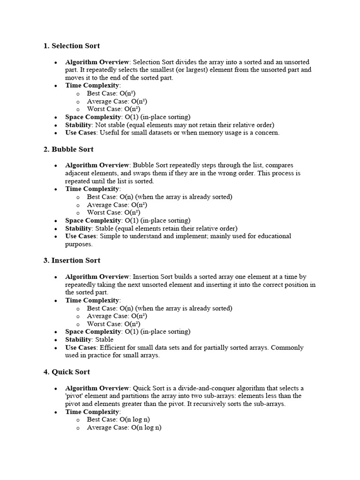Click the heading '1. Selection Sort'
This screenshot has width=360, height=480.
click(x=71, y=46)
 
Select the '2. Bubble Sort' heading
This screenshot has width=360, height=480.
click(x=68, y=150)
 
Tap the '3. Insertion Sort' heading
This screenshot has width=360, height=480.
click(x=72, y=261)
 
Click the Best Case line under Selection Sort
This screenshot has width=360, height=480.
click(x=111, y=94)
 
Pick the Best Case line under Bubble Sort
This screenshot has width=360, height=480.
click(x=159, y=197)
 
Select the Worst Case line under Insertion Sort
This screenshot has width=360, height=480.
click(x=114, y=324)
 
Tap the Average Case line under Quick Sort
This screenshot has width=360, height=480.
click(x=124, y=427)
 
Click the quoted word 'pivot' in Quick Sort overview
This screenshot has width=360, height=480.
click(x=75, y=396)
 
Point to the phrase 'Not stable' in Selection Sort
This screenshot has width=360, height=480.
click(x=109, y=125)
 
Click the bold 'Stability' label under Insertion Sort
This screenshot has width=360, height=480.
click(x=78, y=340)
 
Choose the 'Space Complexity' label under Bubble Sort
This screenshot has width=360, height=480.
click(x=93, y=220)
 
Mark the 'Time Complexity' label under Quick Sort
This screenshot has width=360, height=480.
click(x=92, y=412)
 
